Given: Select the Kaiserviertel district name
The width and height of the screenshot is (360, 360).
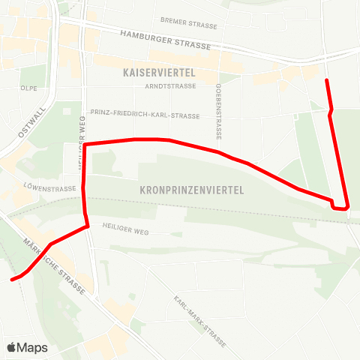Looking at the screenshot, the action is (158, 73).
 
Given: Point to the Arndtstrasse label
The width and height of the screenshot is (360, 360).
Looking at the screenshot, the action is (172, 86).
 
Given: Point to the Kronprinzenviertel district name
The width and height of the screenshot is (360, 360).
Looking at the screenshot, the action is (192, 190).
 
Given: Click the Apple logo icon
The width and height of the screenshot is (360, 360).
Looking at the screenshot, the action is (11, 347).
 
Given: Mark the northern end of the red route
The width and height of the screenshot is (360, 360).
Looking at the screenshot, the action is (326, 79).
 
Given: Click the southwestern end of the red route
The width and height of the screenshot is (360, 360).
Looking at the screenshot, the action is (12, 280).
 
